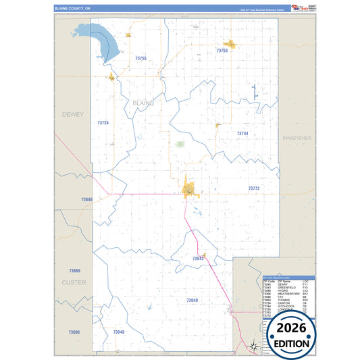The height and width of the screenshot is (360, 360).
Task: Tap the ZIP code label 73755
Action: [140, 59]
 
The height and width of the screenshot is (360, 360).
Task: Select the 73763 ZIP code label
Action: [222, 51]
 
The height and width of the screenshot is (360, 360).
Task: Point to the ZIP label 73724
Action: [103, 123]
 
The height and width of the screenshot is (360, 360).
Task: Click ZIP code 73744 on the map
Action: [242, 134]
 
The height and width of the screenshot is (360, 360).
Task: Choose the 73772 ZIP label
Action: [254, 188]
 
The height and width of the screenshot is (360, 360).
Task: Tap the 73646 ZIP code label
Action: [86, 199]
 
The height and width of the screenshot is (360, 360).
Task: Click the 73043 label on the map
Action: [198, 259]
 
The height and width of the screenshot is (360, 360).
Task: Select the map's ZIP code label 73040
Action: [192, 300]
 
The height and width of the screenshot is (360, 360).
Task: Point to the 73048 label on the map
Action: [119, 332]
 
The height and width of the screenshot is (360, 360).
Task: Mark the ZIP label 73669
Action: [74, 270]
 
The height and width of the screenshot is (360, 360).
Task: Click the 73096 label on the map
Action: [74, 332]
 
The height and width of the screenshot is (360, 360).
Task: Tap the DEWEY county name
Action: [72, 115]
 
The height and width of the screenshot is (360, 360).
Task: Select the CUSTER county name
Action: [74, 282]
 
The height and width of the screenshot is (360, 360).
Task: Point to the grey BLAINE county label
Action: [144, 103]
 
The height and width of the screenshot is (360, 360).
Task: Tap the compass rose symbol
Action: [253, 347]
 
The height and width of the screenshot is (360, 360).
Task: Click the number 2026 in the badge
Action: [290, 328]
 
